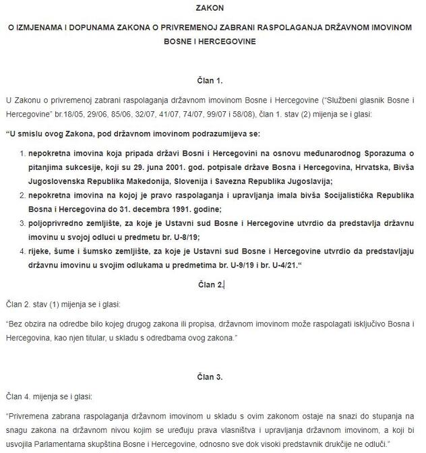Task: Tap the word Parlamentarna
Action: [x=93, y=444]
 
